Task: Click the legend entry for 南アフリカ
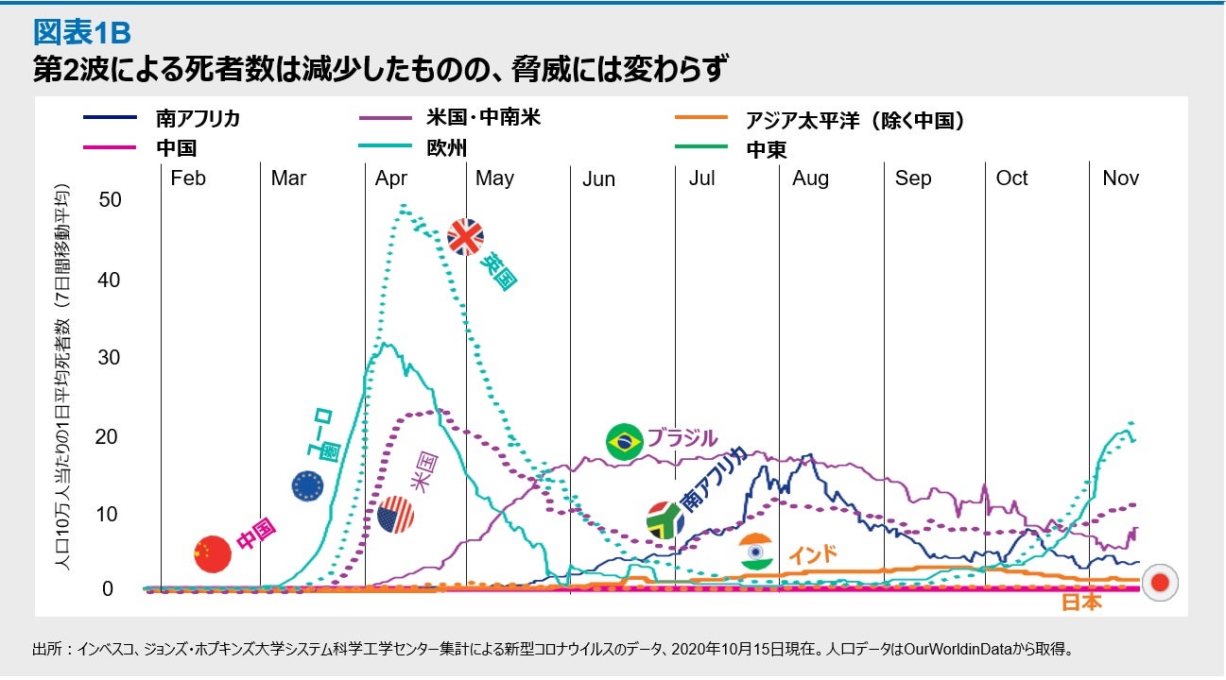click(x=198, y=119)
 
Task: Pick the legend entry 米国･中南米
click(x=482, y=119)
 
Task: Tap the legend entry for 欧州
click(x=446, y=147)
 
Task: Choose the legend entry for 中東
click(x=766, y=148)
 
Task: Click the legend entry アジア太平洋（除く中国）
click(x=855, y=120)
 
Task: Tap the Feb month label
click(x=188, y=178)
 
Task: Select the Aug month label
click(x=810, y=178)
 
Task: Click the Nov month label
click(x=1120, y=178)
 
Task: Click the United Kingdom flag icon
click(x=465, y=237)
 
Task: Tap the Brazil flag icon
click(x=624, y=442)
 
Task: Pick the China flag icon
click(x=212, y=553)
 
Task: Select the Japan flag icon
click(x=1159, y=584)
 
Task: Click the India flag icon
click(x=755, y=552)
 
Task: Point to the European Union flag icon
click(x=309, y=485)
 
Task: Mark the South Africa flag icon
click(x=665, y=520)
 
